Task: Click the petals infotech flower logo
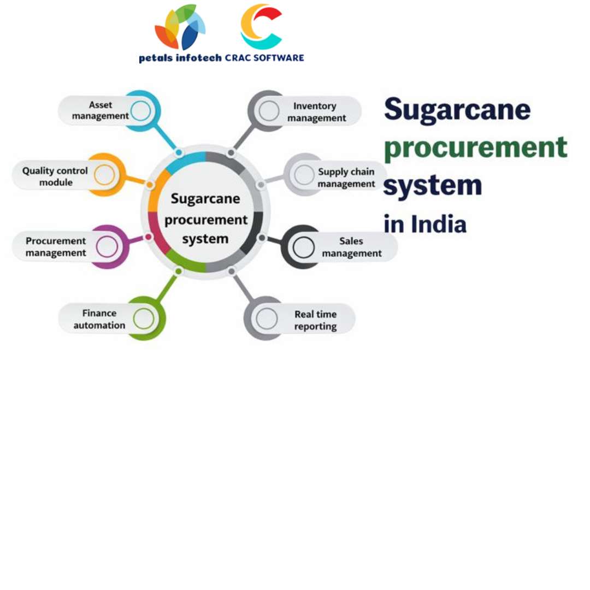pos(180,27)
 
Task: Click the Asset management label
pos(100,110)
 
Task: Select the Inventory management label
pos(316,112)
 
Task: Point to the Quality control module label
pos(55,176)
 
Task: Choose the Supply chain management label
pos(346,178)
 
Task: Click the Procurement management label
pos(56,247)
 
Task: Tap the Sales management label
pos(351,247)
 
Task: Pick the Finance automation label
pos(99,319)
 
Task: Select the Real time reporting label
pos(315,320)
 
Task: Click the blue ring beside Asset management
pos(141,110)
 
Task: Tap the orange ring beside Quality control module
pos(104,175)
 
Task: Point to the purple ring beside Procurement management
pos(107,247)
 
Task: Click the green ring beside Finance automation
pos(143,318)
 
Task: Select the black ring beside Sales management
pos(303,247)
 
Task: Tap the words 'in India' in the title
pos(425,224)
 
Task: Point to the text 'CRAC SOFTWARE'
pos(264,58)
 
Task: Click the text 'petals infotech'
pos(180,58)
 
